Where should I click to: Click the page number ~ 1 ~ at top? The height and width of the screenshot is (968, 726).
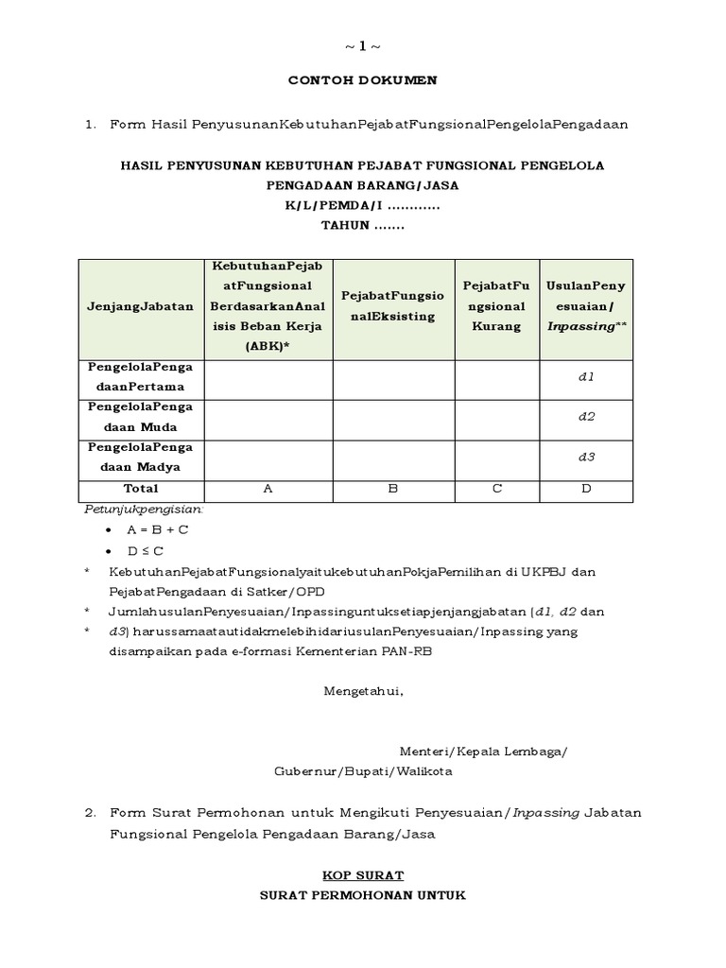pyautogui.click(x=363, y=46)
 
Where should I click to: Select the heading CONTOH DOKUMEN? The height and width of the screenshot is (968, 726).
pyautogui.click(x=363, y=80)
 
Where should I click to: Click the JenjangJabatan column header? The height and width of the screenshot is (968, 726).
pyautogui.click(x=141, y=306)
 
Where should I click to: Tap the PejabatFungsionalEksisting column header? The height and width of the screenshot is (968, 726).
pyautogui.click(x=393, y=307)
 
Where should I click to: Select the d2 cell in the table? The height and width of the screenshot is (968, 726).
pyautogui.click(x=585, y=416)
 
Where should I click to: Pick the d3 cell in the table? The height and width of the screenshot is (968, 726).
pyautogui.click(x=585, y=457)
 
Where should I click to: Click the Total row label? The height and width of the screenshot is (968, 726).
pyautogui.click(x=141, y=489)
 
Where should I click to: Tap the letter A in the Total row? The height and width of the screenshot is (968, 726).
pyautogui.click(x=268, y=490)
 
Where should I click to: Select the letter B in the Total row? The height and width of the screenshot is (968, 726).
pyautogui.click(x=393, y=490)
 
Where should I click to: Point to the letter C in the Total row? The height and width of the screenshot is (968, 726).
pyautogui.click(x=495, y=490)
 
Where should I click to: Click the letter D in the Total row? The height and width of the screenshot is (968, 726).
pyautogui.click(x=585, y=490)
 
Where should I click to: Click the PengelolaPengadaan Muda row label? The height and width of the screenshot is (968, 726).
pyautogui.click(x=141, y=416)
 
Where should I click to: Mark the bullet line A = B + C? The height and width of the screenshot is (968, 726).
pyautogui.click(x=158, y=529)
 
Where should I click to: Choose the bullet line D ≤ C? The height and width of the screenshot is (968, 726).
pyautogui.click(x=146, y=550)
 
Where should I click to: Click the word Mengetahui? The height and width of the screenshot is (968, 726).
pyautogui.click(x=363, y=690)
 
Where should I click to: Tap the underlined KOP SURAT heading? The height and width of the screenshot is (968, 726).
pyautogui.click(x=363, y=875)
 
